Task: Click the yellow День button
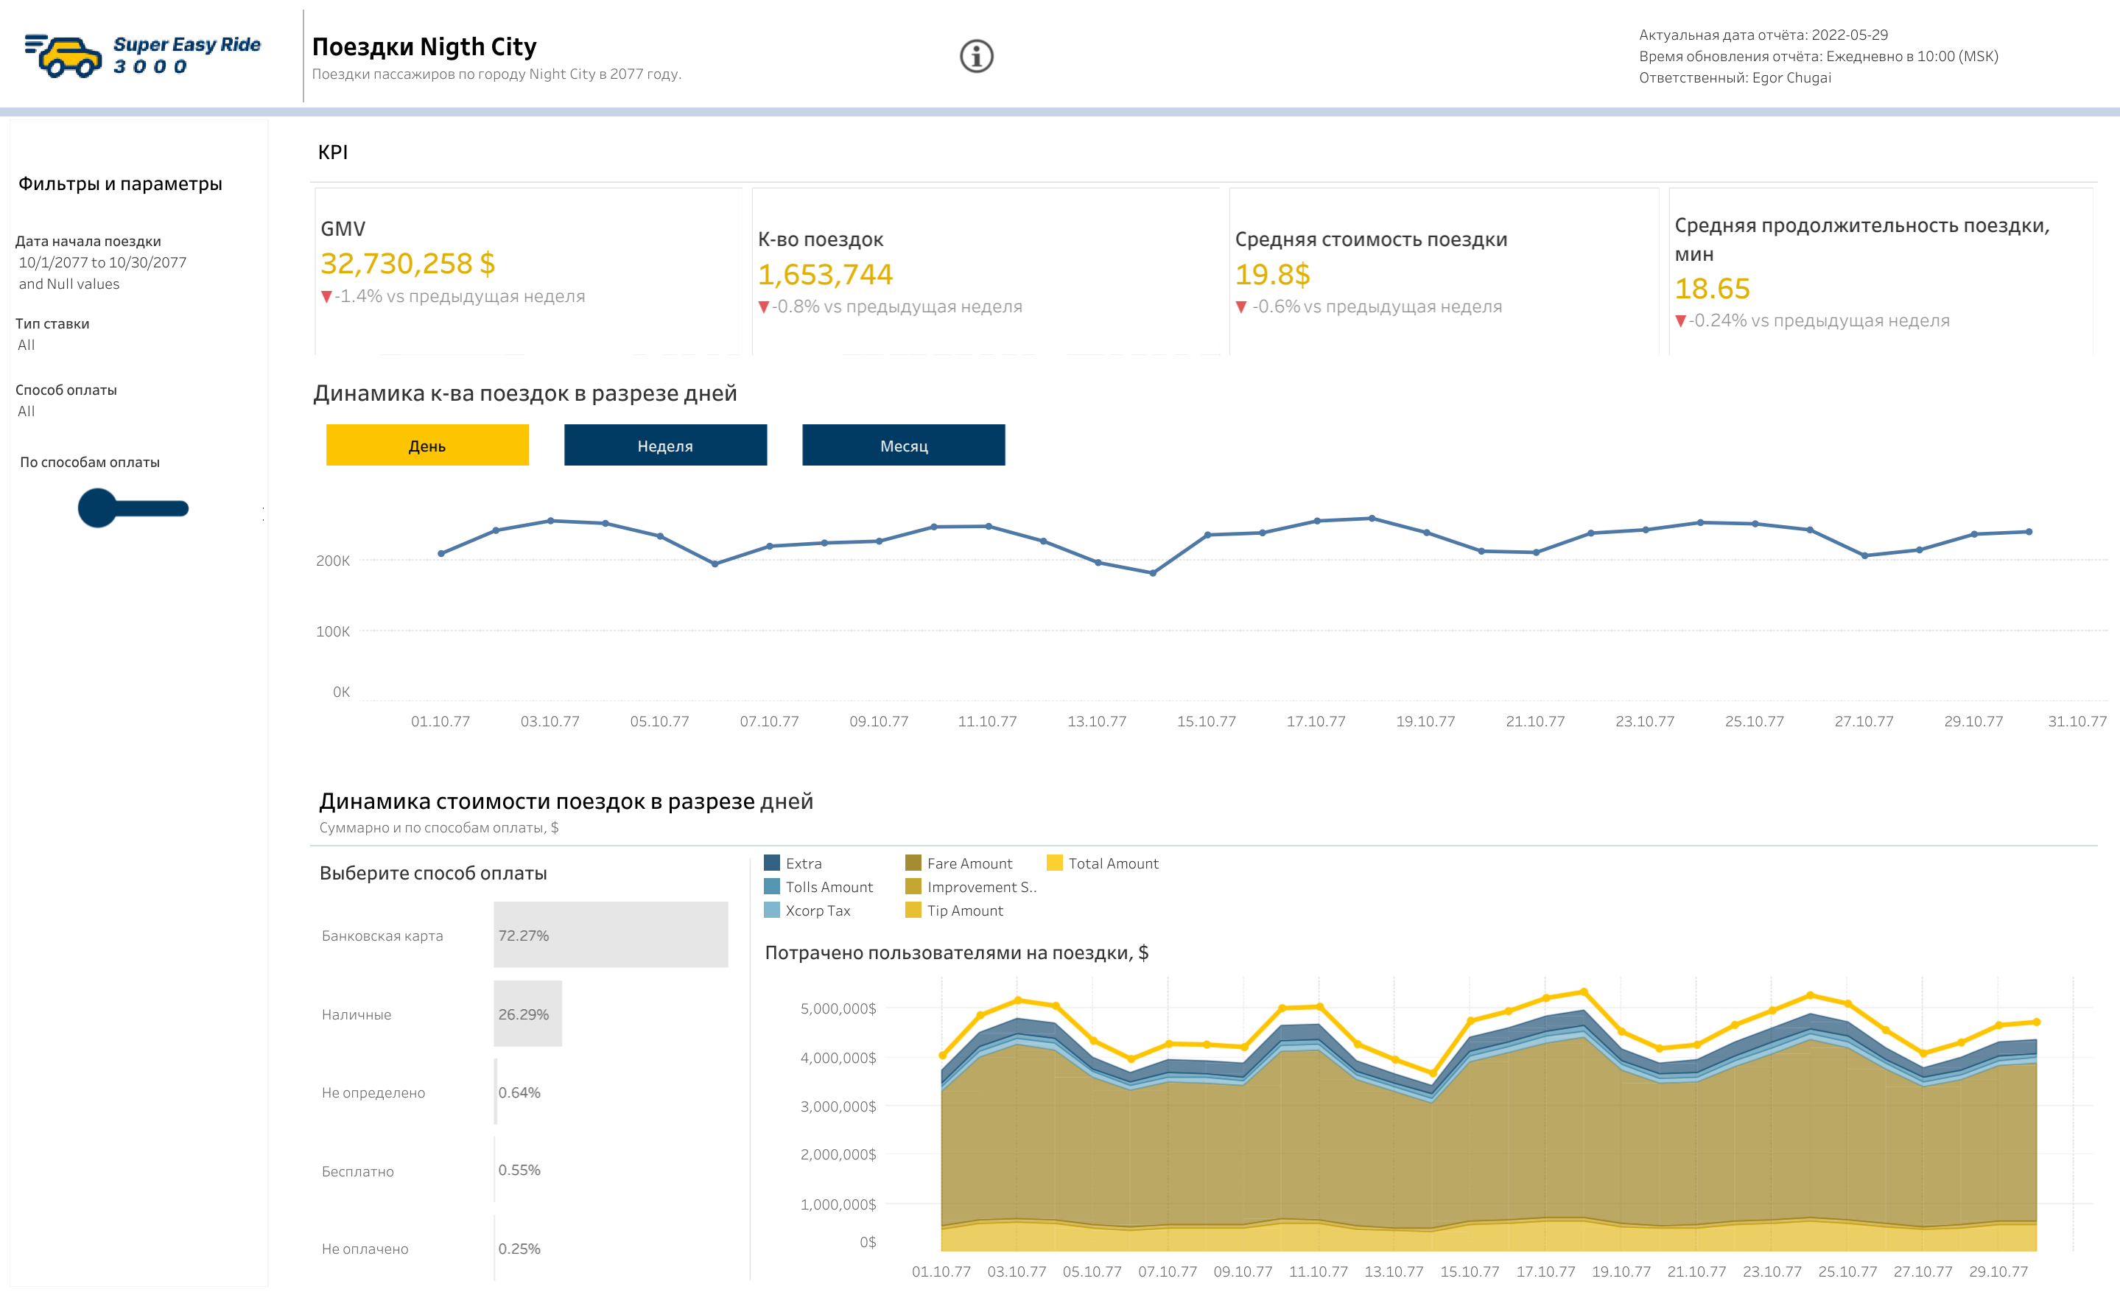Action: coord(427,445)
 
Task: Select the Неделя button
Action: coord(665,445)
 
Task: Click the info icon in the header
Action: coord(976,57)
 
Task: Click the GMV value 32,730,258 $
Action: coord(407,263)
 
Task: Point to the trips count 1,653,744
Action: coord(824,275)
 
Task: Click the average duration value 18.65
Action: coord(1711,288)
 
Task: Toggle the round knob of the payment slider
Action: coord(97,508)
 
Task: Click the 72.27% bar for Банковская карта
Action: coord(610,935)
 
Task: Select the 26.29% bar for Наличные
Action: coord(527,1014)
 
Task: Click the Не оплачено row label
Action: coord(365,1249)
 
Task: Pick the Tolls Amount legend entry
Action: coord(828,887)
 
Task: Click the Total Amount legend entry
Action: coord(1112,863)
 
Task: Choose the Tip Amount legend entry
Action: coord(964,910)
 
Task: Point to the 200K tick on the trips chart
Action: coord(333,560)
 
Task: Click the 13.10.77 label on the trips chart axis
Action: coord(1096,721)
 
